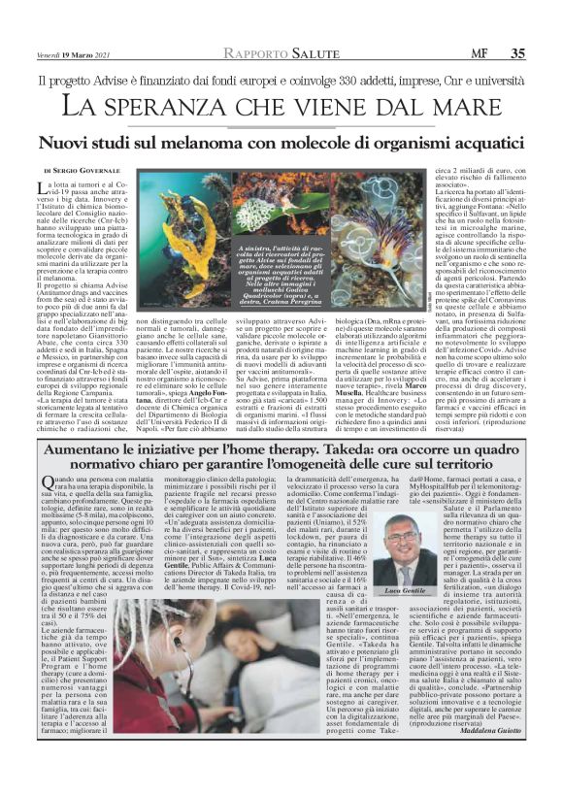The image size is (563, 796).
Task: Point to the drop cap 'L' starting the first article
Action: click(x=43, y=187)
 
